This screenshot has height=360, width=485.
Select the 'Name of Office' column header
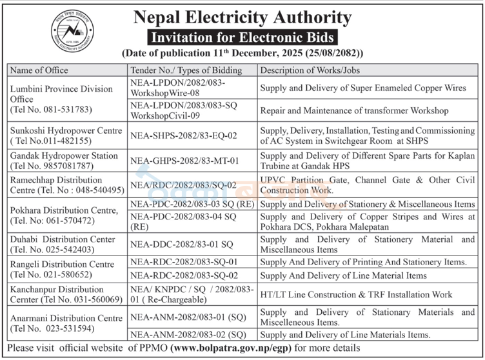[40, 70]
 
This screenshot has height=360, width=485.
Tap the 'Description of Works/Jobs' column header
[308, 70]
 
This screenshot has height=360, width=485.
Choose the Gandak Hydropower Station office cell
[64, 160]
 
